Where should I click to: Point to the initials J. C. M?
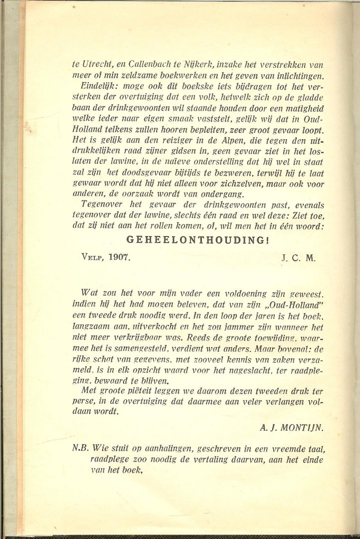point(298,259)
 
